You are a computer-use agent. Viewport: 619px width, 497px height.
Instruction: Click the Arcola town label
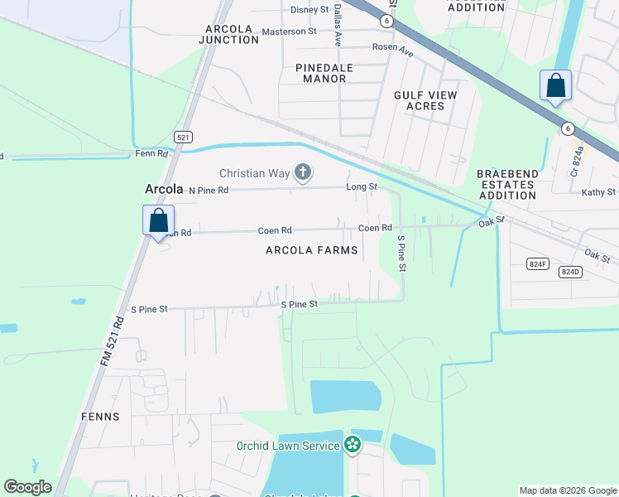(163, 190)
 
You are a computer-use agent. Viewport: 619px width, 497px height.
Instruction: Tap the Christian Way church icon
(303, 173)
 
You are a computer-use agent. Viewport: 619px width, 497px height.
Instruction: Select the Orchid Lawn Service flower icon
(353, 446)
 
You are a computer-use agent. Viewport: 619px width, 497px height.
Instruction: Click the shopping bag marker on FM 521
(158, 221)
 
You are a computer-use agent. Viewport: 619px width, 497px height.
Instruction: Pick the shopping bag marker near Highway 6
(555, 86)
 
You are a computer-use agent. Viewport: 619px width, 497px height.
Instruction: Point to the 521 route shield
(184, 137)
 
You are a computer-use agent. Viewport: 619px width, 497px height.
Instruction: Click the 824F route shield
(539, 263)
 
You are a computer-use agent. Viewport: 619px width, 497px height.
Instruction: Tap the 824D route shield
(570, 271)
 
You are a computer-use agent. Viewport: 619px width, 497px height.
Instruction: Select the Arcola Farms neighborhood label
(312, 250)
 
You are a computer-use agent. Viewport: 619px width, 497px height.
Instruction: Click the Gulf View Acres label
(425, 100)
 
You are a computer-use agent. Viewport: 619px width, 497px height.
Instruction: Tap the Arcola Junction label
(233, 34)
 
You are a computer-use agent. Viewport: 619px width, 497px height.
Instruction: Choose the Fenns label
(100, 417)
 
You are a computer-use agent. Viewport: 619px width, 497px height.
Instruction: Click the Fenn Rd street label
(151, 154)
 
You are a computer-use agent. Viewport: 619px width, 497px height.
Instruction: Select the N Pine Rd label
(208, 191)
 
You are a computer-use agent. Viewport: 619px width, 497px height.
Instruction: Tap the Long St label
(361, 187)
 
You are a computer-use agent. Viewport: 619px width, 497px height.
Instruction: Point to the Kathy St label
(598, 192)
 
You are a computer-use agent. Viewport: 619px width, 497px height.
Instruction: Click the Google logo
(28, 487)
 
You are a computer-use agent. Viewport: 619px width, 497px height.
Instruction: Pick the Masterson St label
(289, 31)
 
